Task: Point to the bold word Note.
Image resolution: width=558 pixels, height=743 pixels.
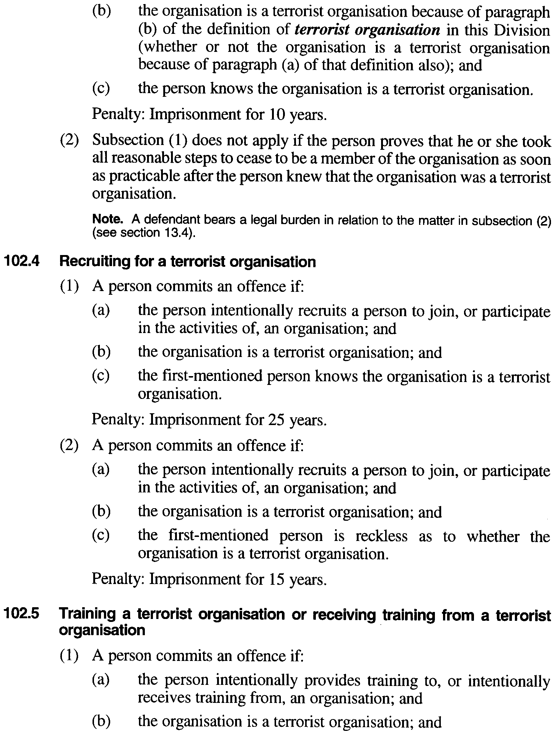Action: (107, 220)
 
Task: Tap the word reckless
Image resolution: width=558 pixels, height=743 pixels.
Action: (381, 536)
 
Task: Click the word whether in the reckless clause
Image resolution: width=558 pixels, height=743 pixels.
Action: (493, 536)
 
